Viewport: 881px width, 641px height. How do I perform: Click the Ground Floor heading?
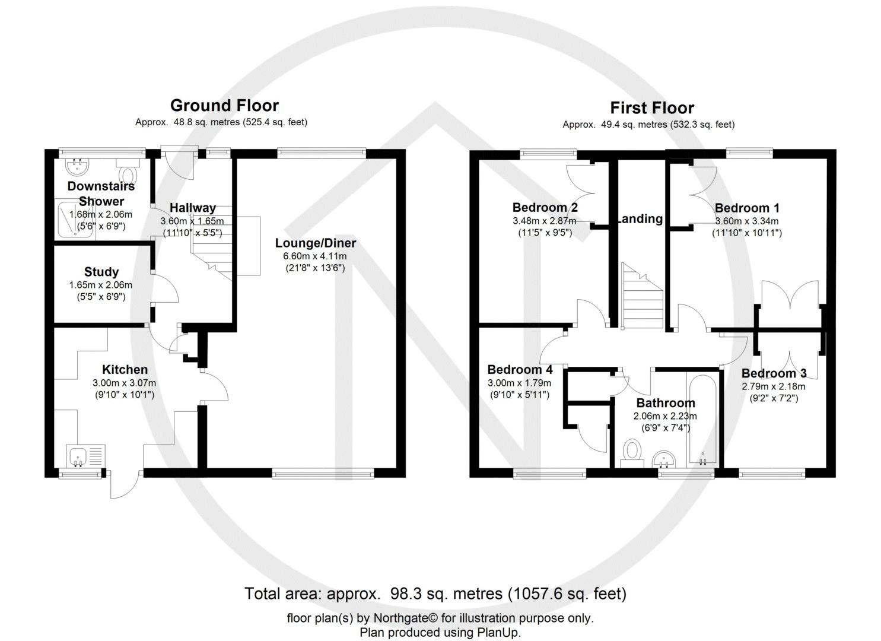224,106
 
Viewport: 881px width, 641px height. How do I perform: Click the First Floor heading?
652,108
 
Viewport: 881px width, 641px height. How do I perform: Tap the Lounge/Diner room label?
315,243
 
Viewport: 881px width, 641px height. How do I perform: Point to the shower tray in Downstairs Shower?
74,220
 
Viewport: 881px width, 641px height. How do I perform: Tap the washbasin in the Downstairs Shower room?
77,164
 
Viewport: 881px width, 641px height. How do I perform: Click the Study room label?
101,272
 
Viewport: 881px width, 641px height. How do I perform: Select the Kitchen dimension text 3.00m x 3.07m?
125,383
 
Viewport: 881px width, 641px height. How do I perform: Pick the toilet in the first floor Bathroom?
632,452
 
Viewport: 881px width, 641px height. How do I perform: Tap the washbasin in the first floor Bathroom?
664,459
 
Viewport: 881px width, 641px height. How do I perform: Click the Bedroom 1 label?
747,208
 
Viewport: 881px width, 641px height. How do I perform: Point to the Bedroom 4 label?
520,369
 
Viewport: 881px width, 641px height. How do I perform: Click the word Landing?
640,218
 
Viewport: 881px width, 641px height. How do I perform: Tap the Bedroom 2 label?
545,207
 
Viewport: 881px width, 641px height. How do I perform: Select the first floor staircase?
642,297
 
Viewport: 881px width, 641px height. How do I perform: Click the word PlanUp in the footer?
497,632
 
